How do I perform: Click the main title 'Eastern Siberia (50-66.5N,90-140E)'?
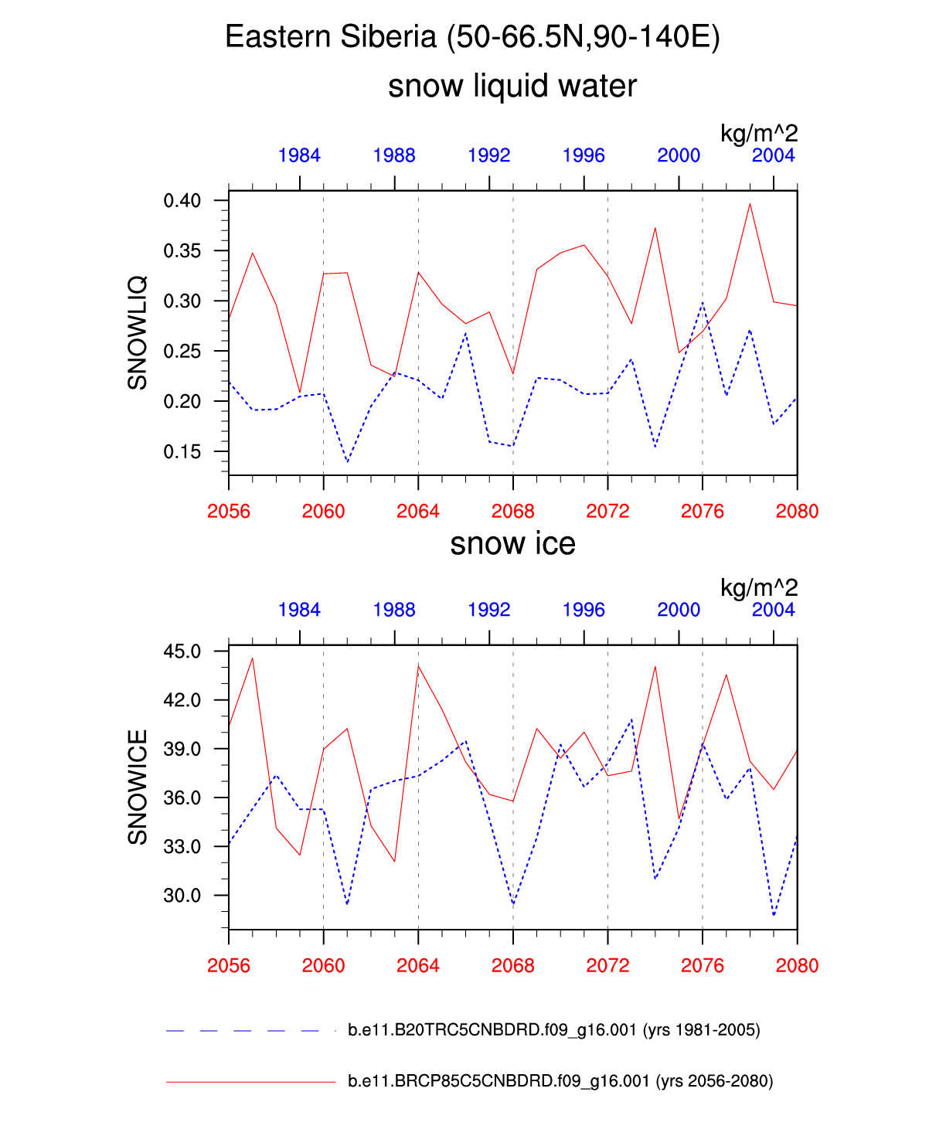472,37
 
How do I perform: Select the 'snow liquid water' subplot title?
512,86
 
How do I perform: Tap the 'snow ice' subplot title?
512,544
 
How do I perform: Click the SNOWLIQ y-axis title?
138,332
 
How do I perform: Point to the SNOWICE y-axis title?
138,787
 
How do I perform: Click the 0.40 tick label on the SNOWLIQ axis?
182,201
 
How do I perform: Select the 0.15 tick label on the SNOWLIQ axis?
182,452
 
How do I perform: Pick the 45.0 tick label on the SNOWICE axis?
182,651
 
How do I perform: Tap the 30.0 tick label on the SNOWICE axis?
182,896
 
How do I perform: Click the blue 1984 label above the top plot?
299,156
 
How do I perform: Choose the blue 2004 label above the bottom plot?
773,611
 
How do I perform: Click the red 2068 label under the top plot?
512,512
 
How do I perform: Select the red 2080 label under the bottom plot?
797,966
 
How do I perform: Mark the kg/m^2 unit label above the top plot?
758,134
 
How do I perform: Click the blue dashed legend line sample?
243,1031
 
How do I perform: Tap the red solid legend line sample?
250,1082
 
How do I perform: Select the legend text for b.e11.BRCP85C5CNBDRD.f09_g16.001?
560,1081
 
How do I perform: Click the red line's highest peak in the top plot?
750,204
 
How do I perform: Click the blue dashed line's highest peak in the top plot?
703,302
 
